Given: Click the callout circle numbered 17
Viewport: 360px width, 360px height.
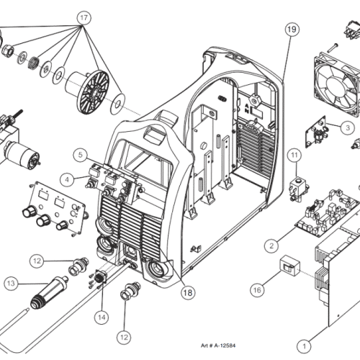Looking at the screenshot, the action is (84, 18).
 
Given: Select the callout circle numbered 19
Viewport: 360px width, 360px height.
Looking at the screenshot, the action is (292, 30).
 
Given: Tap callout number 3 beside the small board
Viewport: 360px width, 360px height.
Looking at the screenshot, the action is (347, 127).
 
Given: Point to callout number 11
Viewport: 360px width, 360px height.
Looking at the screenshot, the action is (294, 156).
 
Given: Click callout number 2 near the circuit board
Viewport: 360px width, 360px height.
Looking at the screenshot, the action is (271, 246).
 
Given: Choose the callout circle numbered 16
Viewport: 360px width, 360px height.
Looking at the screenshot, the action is (257, 290).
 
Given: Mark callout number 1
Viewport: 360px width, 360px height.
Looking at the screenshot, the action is (304, 346).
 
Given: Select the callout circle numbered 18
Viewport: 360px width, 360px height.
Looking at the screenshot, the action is (188, 292).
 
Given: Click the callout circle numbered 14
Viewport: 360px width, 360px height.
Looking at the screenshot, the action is (102, 318).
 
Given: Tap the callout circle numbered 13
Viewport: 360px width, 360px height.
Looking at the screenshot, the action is (11, 284).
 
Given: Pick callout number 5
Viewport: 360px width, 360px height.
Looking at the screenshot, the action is (81, 155).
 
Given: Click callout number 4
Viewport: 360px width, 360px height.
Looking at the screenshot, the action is (67, 179).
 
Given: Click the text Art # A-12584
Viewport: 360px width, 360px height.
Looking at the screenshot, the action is (218, 346).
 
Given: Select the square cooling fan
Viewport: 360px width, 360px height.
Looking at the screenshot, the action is (337, 84).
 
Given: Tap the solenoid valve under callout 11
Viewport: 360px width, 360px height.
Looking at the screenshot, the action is (299, 189).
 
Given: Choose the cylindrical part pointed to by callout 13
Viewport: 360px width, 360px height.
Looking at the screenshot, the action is (49, 294).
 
